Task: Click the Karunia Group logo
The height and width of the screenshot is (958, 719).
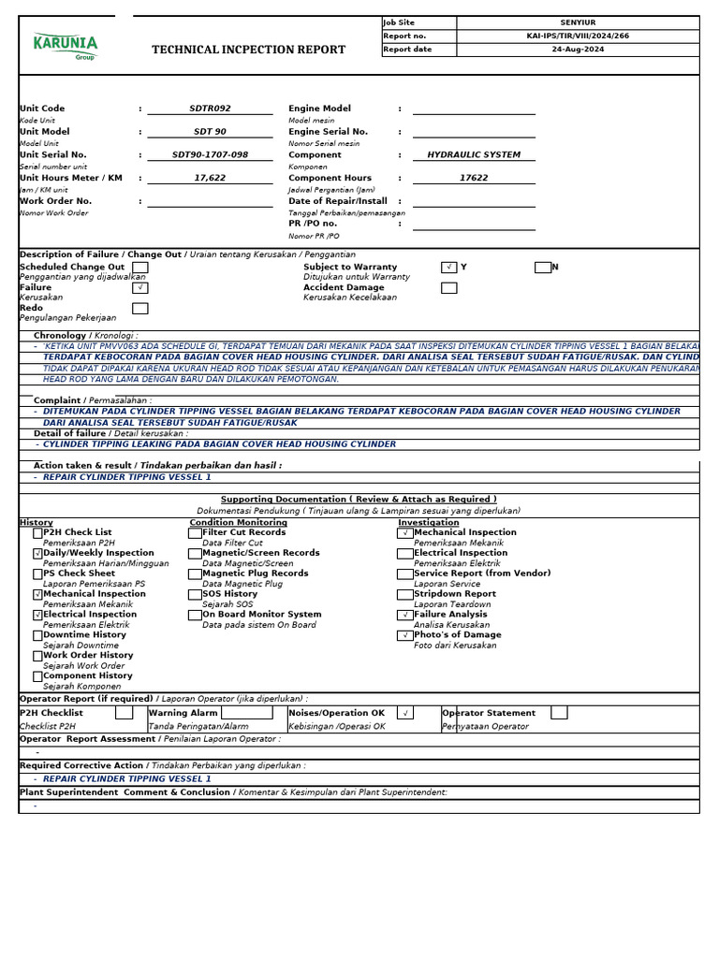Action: pyautogui.click(x=65, y=46)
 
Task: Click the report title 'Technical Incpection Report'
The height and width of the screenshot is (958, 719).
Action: pyautogui.click(x=248, y=50)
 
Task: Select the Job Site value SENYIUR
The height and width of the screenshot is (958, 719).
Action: pyautogui.click(x=577, y=22)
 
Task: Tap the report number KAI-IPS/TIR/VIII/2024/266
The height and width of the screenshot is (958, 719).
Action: pyautogui.click(x=577, y=36)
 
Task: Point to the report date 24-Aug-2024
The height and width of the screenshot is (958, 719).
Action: pyautogui.click(x=577, y=50)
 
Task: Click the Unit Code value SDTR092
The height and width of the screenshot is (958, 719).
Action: pyautogui.click(x=210, y=109)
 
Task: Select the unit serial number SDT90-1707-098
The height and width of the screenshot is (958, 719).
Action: pyautogui.click(x=210, y=154)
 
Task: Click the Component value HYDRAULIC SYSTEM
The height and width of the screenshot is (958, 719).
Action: pyautogui.click(x=474, y=154)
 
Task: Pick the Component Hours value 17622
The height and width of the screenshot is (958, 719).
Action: pyautogui.click(x=474, y=178)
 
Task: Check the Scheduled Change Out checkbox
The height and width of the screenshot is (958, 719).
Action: pyautogui.click(x=139, y=268)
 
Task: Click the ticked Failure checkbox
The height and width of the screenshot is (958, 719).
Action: pyautogui.click(x=139, y=288)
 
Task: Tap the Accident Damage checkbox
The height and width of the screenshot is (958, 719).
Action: pyautogui.click(x=448, y=288)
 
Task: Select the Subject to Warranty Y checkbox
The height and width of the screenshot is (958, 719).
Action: pyautogui.click(x=448, y=268)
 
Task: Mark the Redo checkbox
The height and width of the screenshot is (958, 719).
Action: pyautogui.click(x=139, y=309)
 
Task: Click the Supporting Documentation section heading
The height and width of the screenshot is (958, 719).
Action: pyautogui.click(x=359, y=500)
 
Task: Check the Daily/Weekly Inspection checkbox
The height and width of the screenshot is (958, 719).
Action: pyautogui.click(x=37, y=554)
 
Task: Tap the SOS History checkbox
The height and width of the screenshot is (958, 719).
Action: pyautogui.click(x=195, y=594)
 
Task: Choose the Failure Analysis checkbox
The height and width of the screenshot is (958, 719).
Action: pyautogui.click(x=404, y=615)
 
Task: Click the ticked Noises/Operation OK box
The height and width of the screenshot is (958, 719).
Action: pyautogui.click(x=404, y=713)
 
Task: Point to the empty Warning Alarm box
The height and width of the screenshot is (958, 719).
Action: pyautogui.click(x=247, y=713)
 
